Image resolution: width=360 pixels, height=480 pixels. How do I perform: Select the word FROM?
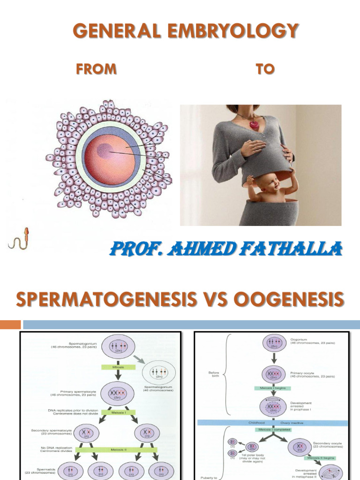[x=96, y=69]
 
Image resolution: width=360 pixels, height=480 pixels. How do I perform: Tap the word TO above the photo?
[x=264, y=69]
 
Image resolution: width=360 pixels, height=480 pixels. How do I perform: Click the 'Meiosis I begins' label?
[x=272, y=388]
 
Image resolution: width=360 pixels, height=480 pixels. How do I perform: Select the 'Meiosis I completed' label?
[x=272, y=429]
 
